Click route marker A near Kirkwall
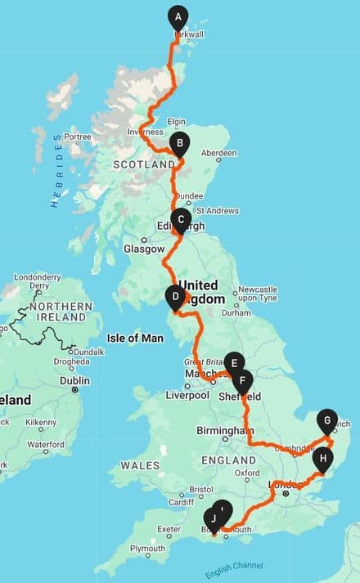(x=178, y=16)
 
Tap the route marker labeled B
(x=178, y=143)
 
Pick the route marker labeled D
(x=175, y=297)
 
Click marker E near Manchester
(x=234, y=363)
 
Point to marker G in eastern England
(x=326, y=420)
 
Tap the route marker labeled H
(x=323, y=459)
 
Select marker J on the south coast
(x=214, y=518)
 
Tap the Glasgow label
(x=138, y=249)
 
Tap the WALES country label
(x=140, y=465)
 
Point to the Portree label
(x=77, y=137)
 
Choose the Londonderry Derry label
(x=38, y=281)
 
